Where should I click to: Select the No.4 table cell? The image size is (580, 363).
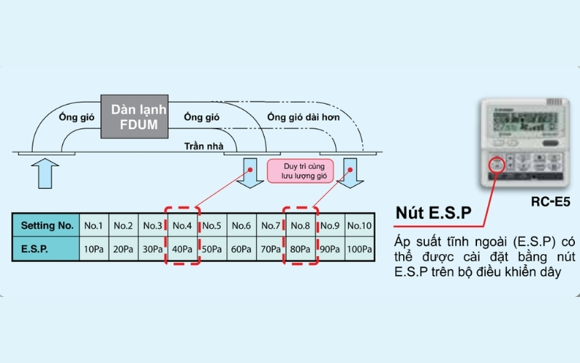(182, 225)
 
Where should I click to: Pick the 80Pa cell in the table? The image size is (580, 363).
(300, 249)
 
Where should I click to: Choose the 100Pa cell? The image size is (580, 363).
(359, 249)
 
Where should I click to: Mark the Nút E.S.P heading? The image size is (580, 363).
(434, 213)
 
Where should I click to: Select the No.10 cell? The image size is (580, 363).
(359, 225)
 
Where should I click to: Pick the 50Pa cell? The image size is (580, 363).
(212, 249)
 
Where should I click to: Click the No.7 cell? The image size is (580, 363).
(270, 225)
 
